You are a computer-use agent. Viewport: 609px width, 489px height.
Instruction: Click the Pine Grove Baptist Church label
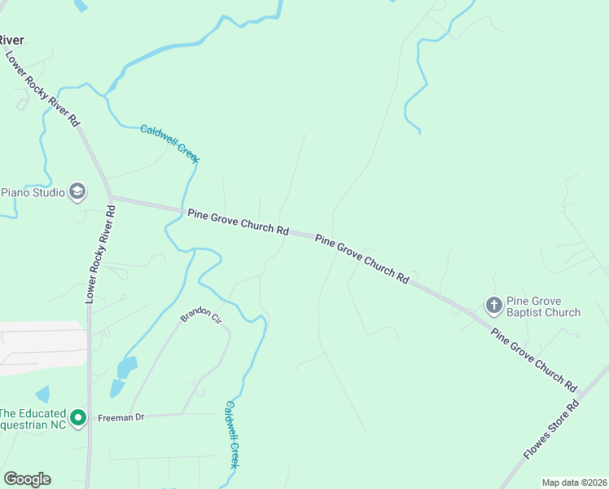point(543,306)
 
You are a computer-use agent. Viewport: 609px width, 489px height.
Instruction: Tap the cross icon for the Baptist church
point(493,306)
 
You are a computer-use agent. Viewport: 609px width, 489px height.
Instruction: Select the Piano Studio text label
point(33,192)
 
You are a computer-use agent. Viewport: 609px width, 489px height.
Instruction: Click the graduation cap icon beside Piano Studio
point(77,192)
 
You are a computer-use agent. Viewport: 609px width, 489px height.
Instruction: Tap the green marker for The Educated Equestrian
point(78,419)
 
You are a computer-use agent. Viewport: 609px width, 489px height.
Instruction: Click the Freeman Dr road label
point(120,417)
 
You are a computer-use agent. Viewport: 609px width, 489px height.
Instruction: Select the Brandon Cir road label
point(201,315)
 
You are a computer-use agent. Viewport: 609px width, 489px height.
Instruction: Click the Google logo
point(27,479)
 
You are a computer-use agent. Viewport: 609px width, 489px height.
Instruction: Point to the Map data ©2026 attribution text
point(574,482)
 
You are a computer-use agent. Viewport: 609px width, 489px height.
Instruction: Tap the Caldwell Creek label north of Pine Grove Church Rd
point(169,143)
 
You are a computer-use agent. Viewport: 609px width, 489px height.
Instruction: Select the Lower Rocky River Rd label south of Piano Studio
point(100,254)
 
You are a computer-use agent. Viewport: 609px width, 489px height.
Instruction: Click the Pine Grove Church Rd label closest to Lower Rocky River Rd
point(238,222)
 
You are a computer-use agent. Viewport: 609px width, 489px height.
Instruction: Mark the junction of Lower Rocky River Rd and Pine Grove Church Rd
point(112,197)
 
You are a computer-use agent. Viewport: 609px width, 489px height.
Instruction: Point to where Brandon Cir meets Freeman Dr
point(182,415)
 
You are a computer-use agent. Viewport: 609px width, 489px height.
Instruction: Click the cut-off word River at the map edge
point(11,40)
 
